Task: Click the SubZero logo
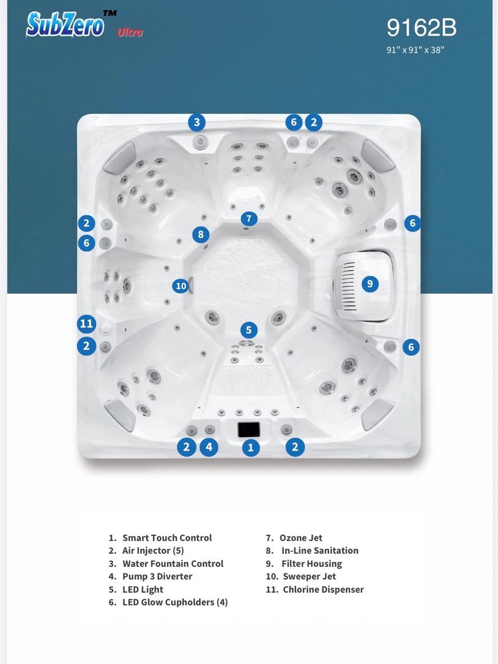[x=65, y=24]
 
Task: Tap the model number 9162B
[x=422, y=28]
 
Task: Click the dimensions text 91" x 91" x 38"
[x=415, y=50]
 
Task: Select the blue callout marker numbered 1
[x=251, y=447]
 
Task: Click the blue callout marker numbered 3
[x=197, y=122]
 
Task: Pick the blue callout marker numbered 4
[x=209, y=447]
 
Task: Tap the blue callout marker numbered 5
[x=249, y=330]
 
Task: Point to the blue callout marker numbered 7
[x=249, y=219]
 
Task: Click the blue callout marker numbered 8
[x=201, y=234]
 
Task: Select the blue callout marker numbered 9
[x=370, y=284]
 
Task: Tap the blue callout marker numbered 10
[x=181, y=286]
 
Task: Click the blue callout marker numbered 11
[x=86, y=324]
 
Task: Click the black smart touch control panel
[x=248, y=430]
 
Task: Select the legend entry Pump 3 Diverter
[x=151, y=576]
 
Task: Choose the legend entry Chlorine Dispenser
[x=314, y=589]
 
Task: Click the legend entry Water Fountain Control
[x=166, y=564]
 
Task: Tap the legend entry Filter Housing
[x=303, y=564]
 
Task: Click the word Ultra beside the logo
[x=130, y=32]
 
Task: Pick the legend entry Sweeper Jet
[x=300, y=576]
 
